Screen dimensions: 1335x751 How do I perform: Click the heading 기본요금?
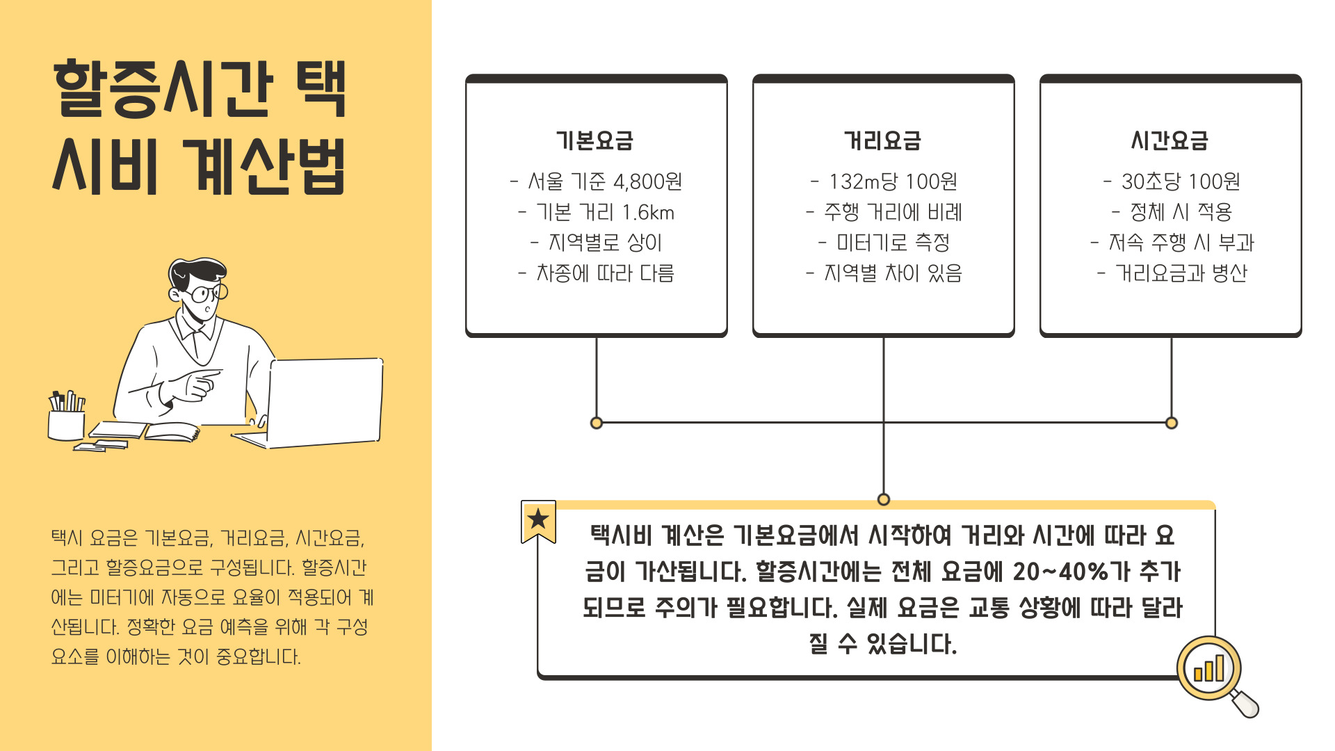[x=594, y=140]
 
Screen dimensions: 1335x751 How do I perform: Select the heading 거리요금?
[x=882, y=140]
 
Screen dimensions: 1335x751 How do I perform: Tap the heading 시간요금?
[x=1170, y=140]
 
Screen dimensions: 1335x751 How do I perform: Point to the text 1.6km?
[x=648, y=212]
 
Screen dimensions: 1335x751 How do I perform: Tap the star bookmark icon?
[x=538, y=520]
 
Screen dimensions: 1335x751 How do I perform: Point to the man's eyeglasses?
[x=207, y=293]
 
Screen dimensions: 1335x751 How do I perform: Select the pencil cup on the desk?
[x=66, y=423]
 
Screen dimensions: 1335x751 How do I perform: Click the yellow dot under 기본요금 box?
[x=596, y=423]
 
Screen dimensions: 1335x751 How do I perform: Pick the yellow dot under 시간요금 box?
[x=1172, y=423]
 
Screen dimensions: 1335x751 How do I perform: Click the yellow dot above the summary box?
[x=884, y=499]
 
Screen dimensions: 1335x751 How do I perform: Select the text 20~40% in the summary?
[x=1060, y=572]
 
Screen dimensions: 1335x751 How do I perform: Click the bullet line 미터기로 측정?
[x=893, y=243]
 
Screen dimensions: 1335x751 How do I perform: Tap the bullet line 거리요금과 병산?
[x=1181, y=273]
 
